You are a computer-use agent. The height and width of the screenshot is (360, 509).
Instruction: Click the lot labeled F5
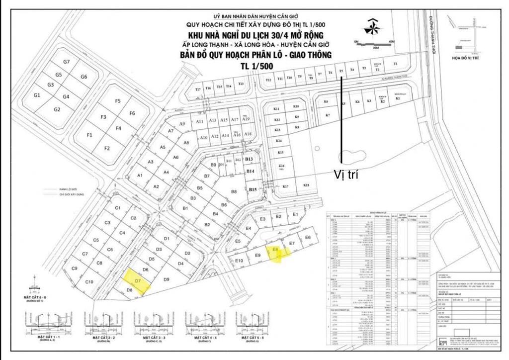(x=118, y=101)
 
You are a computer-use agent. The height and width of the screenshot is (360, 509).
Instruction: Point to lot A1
(x=140, y=176)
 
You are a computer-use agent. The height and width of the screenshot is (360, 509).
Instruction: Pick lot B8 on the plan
(x=234, y=192)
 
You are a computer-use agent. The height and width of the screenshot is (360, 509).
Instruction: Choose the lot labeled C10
(x=89, y=282)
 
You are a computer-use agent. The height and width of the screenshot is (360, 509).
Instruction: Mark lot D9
(x=166, y=279)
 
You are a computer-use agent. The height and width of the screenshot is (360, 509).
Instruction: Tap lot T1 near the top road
(x=396, y=65)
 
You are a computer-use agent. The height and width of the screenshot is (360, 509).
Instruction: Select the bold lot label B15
(x=253, y=189)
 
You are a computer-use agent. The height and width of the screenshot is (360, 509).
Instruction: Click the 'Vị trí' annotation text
(x=346, y=175)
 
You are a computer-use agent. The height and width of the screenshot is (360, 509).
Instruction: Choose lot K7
(x=328, y=116)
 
